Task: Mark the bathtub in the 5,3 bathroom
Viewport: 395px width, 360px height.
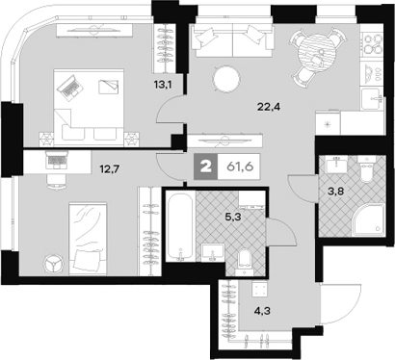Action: pyautogui.click(x=180, y=227)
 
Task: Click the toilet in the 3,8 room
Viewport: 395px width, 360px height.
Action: pyautogui.click(x=363, y=173)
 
